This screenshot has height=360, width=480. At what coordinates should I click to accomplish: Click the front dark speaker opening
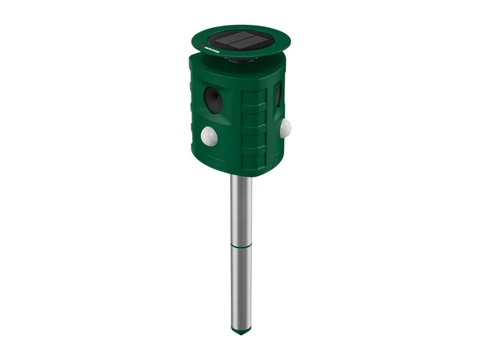[213, 98]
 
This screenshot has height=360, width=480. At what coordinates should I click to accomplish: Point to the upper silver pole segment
[241, 208]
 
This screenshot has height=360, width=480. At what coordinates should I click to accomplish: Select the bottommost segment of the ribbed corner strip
[253, 162]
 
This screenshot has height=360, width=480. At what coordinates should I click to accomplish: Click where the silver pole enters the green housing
[241, 177]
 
